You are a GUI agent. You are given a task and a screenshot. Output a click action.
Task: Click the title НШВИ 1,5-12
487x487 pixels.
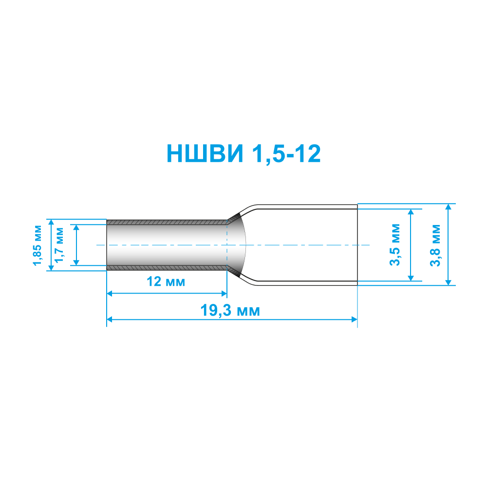click(x=243, y=153)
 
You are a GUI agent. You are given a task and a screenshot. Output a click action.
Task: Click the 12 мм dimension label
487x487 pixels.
click(x=166, y=281)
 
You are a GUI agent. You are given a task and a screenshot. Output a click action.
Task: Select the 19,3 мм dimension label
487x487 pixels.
click(x=230, y=311)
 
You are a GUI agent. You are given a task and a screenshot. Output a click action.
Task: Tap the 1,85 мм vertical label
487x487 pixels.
click(x=37, y=245)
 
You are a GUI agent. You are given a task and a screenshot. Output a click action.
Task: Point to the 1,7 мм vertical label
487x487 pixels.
click(x=59, y=245)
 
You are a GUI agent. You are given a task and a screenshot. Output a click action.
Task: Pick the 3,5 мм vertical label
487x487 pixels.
click(x=395, y=245)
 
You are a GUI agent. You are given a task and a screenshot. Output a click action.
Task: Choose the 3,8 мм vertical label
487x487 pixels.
click(x=435, y=245)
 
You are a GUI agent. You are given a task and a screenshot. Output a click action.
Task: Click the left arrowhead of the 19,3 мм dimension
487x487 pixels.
click(x=109, y=319)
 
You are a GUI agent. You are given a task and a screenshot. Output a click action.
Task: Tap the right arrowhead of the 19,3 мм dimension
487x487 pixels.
click(x=355, y=319)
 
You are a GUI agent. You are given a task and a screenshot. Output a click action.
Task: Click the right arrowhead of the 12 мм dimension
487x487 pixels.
click(x=224, y=294)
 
